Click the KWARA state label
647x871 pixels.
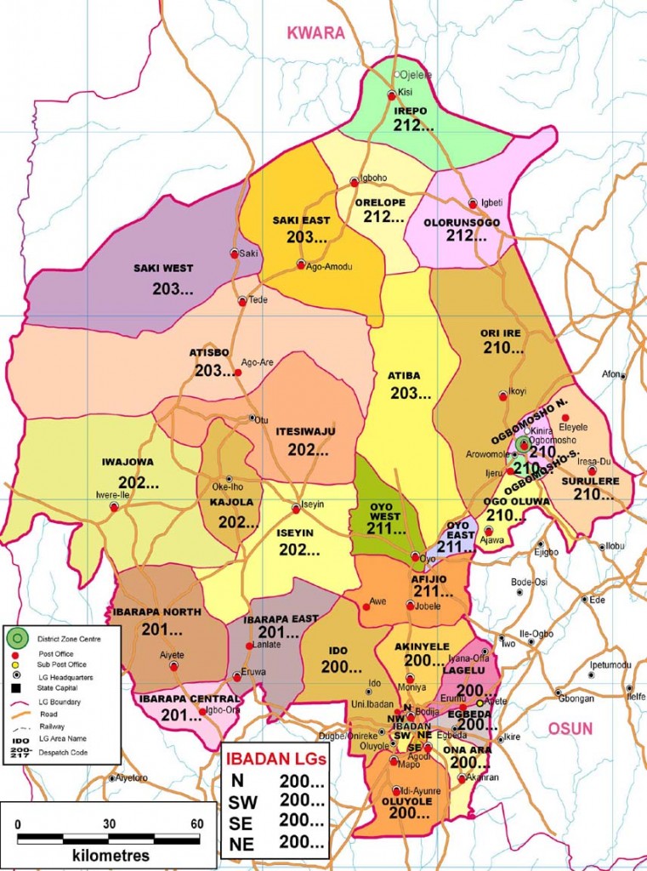pos(315,33)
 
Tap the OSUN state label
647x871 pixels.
pos(570,728)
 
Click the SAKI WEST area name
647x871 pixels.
pos(163,268)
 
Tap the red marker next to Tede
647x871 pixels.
pos(242,301)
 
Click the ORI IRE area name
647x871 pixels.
pos(501,332)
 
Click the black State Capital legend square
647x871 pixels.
pos(17,686)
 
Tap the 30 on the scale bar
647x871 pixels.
pos(109,823)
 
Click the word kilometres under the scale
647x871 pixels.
pos(111,855)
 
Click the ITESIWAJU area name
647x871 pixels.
pos(305,431)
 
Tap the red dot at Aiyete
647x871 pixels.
pos(173,667)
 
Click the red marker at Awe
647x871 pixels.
pos(366,606)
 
